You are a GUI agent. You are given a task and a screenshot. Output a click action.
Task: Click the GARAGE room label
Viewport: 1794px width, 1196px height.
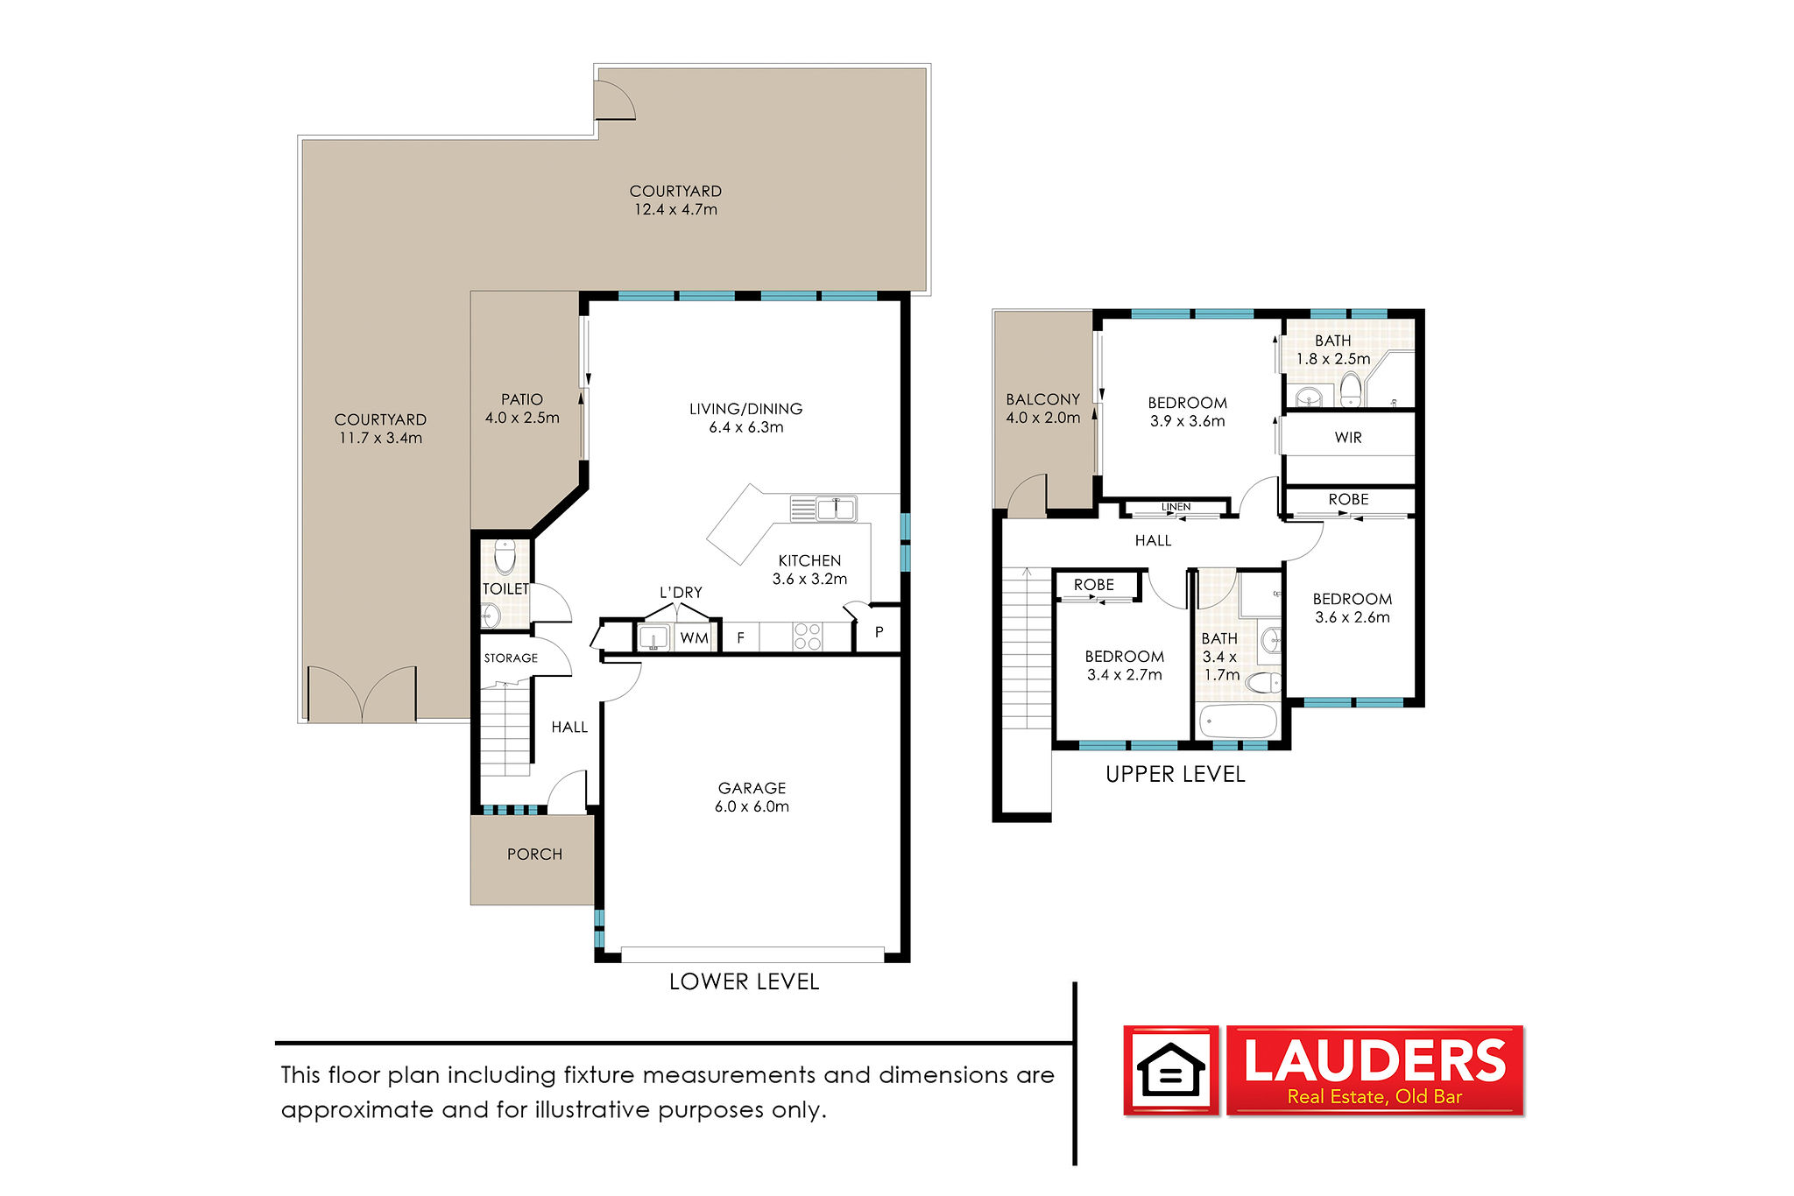click(752, 788)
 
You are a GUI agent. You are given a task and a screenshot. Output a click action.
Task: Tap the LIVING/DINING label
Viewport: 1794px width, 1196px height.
click(745, 409)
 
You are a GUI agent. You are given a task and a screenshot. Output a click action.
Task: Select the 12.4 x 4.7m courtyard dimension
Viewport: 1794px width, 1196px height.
click(675, 209)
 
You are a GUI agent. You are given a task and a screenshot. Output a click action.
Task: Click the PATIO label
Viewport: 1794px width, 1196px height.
click(522, 399)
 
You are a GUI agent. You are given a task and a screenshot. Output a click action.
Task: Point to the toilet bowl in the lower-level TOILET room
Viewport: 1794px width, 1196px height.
click(505, 555)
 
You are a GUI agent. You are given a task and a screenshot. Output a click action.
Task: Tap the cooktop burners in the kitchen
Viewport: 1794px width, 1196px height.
click(807, 637)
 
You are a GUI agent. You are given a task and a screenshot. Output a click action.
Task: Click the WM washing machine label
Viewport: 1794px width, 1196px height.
click(694, 638)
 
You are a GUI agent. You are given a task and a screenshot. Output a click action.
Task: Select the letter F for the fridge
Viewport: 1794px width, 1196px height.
click(740, 638)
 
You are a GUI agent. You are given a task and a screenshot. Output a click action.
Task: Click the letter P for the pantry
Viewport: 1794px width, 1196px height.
click(879, 632)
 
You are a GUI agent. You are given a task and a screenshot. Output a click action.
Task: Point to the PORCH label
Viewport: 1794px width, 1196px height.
click(534, 855)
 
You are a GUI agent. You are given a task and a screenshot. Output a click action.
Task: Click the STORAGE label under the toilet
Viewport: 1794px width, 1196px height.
click(511, 658)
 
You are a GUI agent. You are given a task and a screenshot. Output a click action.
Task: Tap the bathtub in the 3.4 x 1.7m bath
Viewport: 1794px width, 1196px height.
click(1238, 721)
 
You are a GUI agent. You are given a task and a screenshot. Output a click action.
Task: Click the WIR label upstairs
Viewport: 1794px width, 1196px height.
click(1348, 438)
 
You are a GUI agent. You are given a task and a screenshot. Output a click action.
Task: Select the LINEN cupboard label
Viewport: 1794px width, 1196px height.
click(1176, 507)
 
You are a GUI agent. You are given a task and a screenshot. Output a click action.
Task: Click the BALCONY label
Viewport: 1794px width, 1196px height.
click(1042, 399)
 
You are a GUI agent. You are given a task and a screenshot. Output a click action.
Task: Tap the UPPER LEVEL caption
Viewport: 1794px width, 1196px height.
click(1175, 774)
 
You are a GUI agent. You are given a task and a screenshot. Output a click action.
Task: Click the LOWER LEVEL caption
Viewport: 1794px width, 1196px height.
click(744, 981)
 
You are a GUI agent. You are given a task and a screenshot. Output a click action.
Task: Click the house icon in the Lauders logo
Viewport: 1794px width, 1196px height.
click(1170, 1070)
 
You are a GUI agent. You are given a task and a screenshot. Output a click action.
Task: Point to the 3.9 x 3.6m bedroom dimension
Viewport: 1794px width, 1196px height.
click(1187, 421)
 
